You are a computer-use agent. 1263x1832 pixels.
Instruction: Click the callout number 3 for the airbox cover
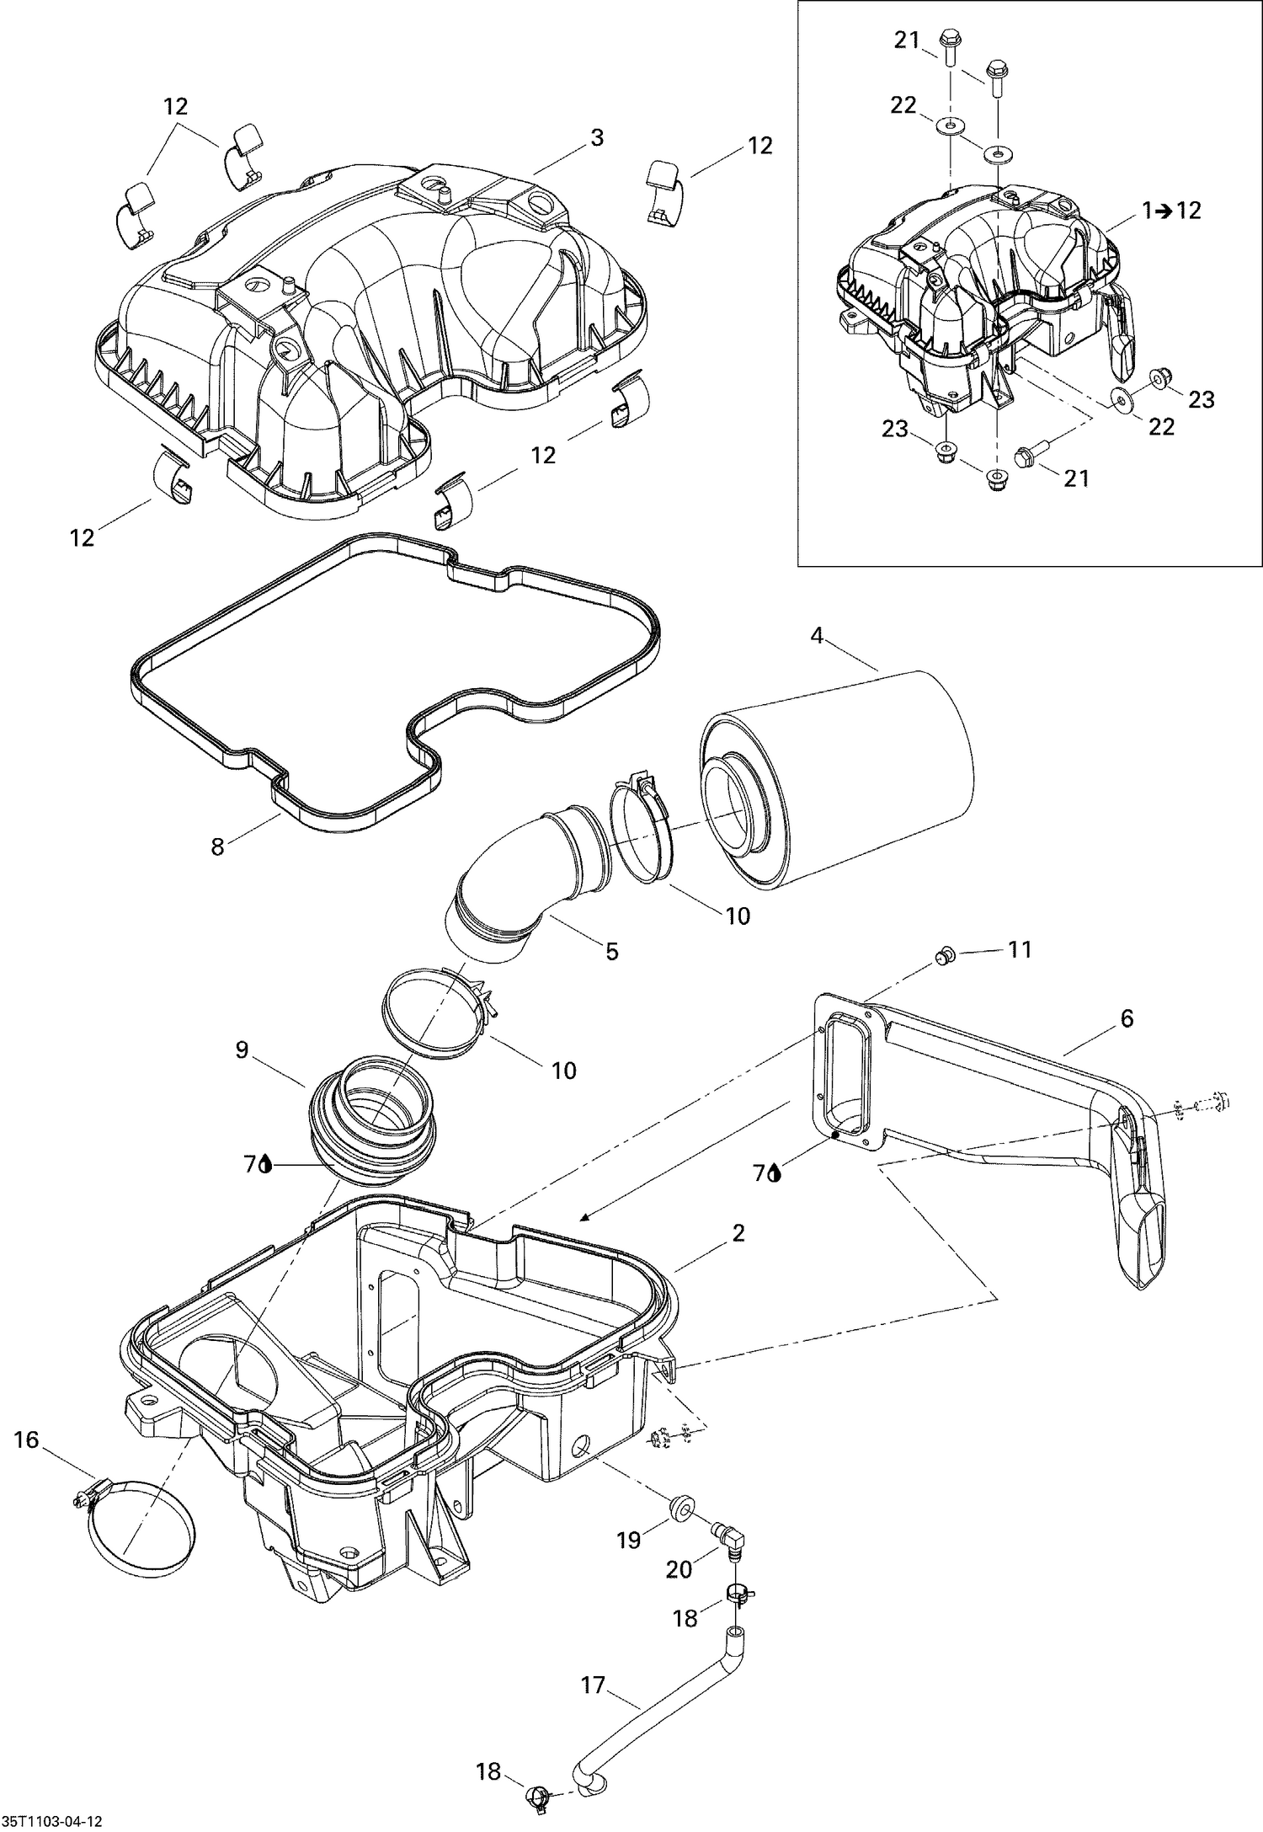596,137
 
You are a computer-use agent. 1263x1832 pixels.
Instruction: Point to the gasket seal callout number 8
218,846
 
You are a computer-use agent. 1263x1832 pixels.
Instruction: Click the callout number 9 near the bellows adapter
242,1050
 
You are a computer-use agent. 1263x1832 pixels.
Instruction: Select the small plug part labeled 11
945,954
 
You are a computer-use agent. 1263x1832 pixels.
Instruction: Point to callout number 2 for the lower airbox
738,1233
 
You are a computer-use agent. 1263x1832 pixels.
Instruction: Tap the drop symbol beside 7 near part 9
266,1165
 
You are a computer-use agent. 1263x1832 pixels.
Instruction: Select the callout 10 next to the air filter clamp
738,916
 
